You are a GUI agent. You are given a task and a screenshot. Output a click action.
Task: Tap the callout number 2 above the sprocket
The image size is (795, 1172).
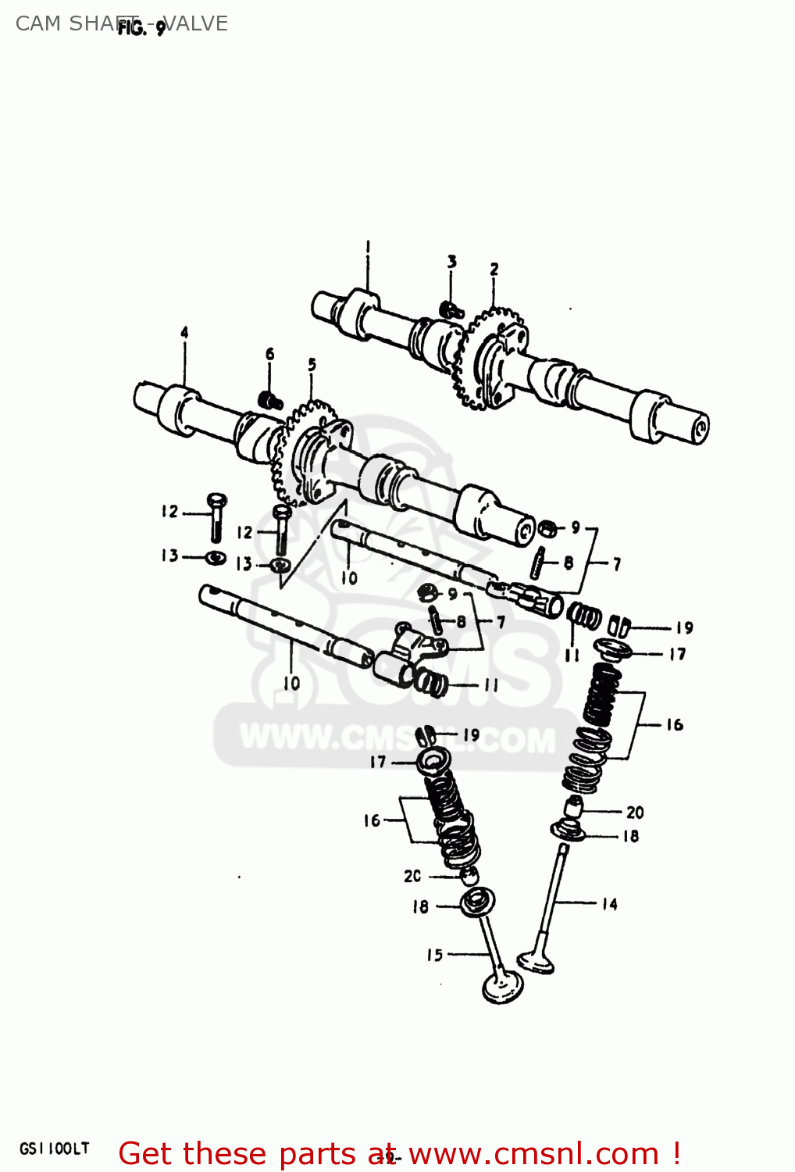(x=494, y=270)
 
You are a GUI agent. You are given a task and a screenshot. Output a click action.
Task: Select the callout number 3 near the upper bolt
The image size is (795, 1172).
(x=451, y=262)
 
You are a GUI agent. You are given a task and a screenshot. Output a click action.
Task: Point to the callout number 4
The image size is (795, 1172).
(x=184, y=333)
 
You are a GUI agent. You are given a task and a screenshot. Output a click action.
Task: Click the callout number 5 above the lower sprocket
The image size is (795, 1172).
(x=312, y=364)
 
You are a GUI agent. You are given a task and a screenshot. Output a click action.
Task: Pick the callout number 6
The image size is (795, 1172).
(x=269, y=354)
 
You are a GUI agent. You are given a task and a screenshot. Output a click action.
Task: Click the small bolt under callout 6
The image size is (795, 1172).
(x=270, y=401)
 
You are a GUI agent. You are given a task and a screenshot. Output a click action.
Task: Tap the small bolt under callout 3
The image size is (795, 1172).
(x=451, y=310)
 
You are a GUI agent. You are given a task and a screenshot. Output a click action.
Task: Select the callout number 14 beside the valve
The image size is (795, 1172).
(x=609, y=904)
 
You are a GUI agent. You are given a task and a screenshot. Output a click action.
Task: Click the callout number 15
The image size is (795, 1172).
(x=434, y=955)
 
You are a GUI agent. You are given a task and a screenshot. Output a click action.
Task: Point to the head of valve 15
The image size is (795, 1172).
(x=501, y=986)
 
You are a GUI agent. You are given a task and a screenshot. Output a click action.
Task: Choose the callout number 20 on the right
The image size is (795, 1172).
(x=634, y=813)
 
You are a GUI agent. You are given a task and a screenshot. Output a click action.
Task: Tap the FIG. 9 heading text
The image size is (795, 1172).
(x=141, y=29)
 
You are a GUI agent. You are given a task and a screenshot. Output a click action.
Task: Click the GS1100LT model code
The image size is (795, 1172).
(x=54, y=1149)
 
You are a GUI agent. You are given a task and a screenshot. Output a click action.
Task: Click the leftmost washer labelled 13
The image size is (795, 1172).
(x=216, y=558)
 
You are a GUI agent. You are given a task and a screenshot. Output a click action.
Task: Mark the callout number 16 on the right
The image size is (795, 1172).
(x=674, y=725)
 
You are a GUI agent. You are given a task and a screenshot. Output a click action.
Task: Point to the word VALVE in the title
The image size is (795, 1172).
(x=196, y=23)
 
